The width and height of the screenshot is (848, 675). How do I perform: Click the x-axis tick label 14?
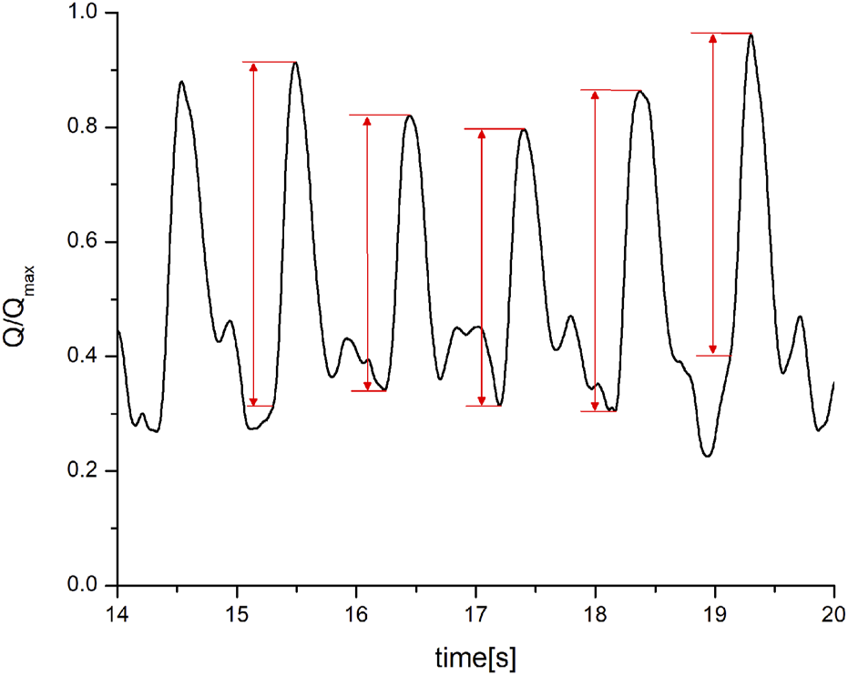point(117,611)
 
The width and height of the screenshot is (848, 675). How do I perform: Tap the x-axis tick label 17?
point(475,611)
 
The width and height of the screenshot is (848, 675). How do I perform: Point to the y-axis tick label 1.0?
point(87,14)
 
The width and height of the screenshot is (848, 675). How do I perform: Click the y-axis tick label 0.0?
point(87,585)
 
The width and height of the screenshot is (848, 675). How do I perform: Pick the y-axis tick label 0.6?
point(87,242)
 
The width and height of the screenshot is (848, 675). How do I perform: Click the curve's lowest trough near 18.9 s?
point(708,456)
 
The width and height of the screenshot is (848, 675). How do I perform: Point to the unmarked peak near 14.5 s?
point(181,82)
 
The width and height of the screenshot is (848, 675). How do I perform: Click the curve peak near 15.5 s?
point(295,63)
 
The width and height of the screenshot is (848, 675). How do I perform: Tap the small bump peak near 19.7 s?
point(799,317)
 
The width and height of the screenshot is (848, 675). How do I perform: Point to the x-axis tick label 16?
point(356,611)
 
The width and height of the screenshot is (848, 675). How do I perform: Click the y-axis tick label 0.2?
point(87,471)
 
